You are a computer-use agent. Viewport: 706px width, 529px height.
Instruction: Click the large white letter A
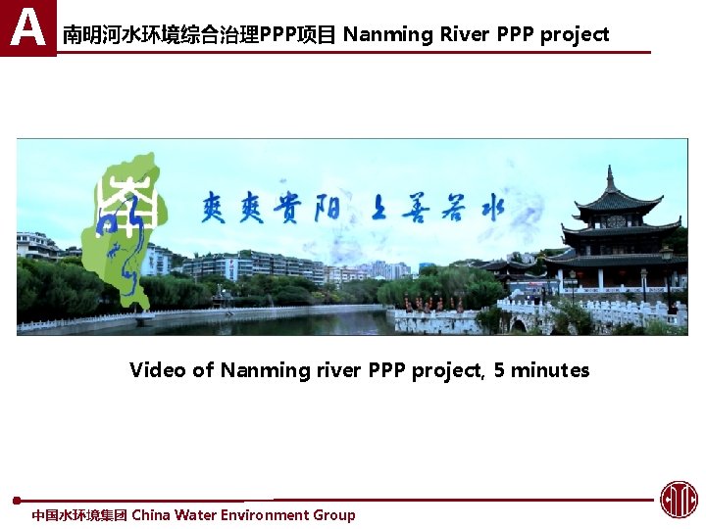tap(27, 26)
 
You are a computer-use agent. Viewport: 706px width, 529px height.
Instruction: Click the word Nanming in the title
tap(388, 35)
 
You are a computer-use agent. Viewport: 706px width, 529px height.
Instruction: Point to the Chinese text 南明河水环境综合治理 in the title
tap(161, 35)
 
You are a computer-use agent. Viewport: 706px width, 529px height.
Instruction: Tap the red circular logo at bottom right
tap(679, 500)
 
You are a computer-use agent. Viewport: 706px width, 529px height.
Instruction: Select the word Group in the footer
tap(334, 515)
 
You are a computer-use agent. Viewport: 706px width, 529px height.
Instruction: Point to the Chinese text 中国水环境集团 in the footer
tap(79, 515)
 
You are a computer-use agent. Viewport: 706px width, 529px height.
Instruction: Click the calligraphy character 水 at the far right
tap(489, 207)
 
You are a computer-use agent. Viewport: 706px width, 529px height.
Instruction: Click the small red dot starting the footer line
tap(17, 501)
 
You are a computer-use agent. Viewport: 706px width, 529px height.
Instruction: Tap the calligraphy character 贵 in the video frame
tap(294, 206)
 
